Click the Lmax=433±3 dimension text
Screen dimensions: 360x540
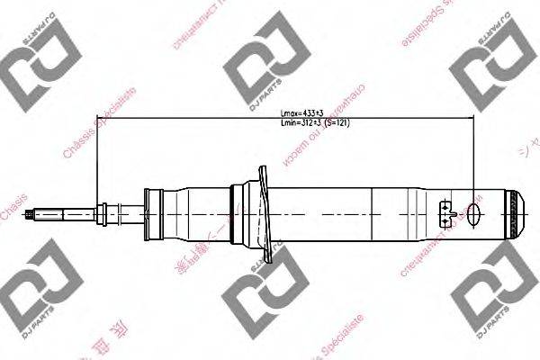(x=303, y=113)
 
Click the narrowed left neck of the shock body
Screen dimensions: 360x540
(x=151, y=214)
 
